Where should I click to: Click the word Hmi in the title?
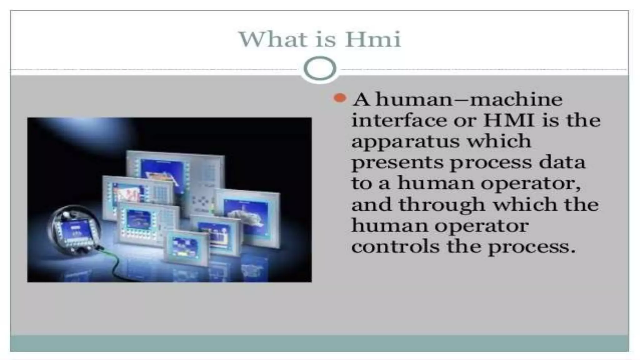coord(372,40)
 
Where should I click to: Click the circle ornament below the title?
coord(320,68)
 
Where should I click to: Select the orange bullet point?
coord(340,98)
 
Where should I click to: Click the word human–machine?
coord(469,99)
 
